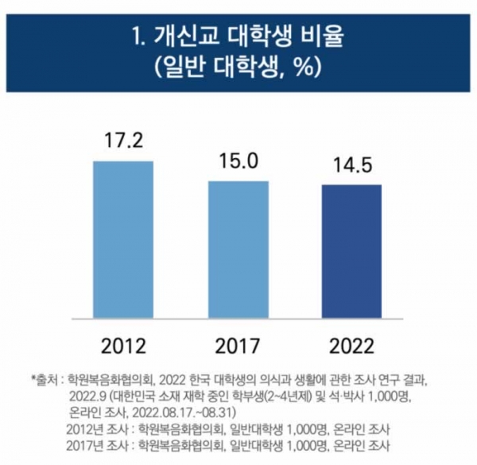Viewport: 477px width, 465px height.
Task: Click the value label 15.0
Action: (238, 162)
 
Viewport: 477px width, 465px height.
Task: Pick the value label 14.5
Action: (351, 166)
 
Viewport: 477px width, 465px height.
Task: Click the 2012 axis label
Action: (123, 346)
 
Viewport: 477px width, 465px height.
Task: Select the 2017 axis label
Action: (238, 346)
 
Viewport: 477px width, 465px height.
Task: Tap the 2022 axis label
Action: (351, 346)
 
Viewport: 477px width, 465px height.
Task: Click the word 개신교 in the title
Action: (192, 37)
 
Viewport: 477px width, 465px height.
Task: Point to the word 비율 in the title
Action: (324, 37)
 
